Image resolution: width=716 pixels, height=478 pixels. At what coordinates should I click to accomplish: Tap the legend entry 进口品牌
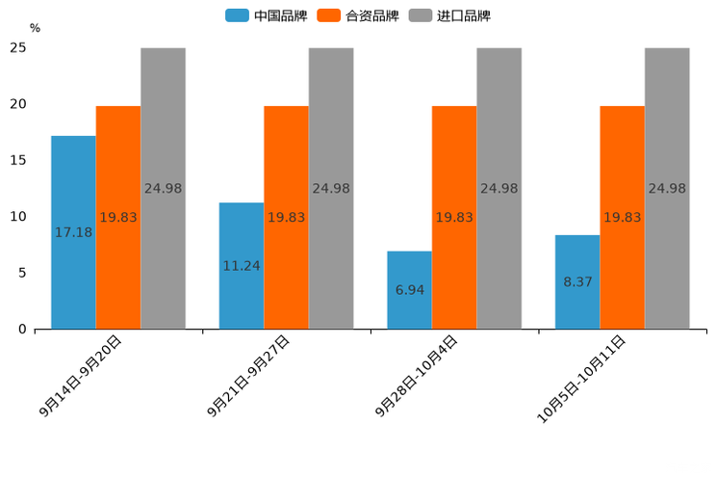pyautogui.click(x=450, y=15)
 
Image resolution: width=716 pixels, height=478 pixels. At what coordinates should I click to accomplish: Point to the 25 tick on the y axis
pyautogui.click(x=18, y=48)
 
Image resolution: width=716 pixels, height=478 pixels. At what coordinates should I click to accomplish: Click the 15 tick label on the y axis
pyautogui.click(x=18, y=160)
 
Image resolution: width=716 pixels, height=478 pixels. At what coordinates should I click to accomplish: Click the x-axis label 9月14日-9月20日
pyautogui.click(x=82, y=375)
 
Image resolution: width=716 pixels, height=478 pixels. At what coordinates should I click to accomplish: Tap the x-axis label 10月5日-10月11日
pyautogui.click(x=581, y=379)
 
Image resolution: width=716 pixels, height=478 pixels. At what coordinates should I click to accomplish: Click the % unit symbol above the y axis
pyautogui.click(x=35, y=28)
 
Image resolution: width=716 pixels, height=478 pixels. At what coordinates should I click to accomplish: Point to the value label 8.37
pyautogui.click(x=577, y=282)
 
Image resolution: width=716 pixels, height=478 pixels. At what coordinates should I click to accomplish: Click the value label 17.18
pyautogui.click(x=73, y=232)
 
